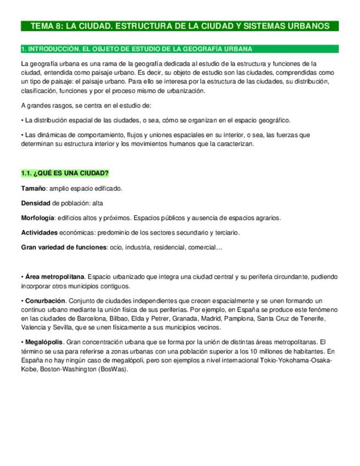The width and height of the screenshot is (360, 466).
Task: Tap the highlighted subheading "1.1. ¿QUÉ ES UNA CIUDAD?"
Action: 64,174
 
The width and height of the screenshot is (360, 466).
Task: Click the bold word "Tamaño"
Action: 34,188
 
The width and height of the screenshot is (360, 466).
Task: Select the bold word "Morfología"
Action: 37,218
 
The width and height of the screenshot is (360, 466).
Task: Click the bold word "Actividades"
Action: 39,232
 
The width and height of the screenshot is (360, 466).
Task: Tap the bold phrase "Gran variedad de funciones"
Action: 63,247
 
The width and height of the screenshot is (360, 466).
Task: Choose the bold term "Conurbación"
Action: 45,301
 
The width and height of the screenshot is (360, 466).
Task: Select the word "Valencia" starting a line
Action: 33,327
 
